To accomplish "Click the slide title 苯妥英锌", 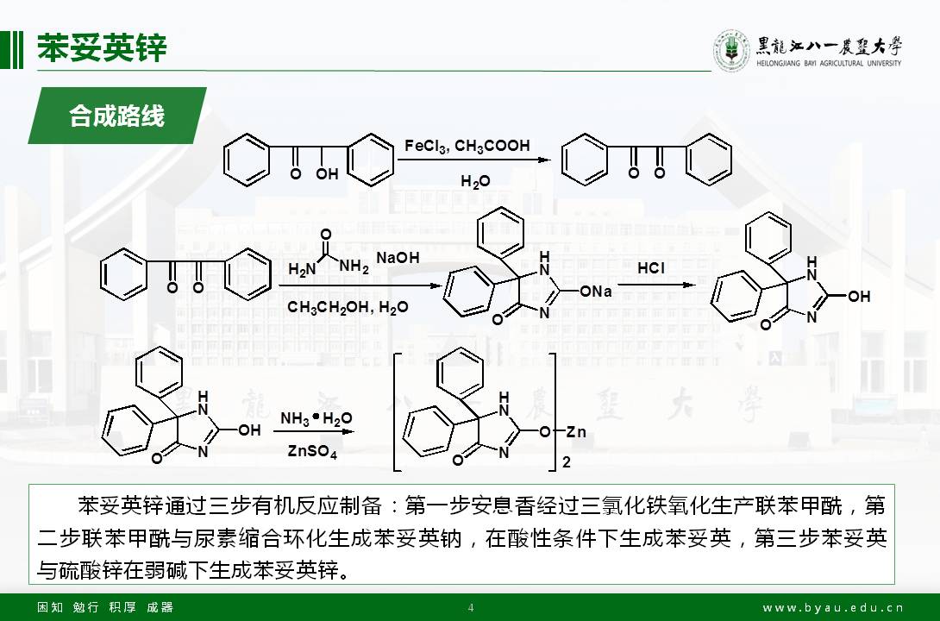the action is click(x=102, y=48).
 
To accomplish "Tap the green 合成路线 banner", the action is click(x=117, y=116).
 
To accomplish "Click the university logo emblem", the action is click(x=730, y=51).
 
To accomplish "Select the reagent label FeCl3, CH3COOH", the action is click(x=467, y=147).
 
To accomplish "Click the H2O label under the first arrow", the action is click(x=474, y=181).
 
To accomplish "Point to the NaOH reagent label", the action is click(x=398, y=258).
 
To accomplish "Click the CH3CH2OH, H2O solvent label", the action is click(x=348, y=308).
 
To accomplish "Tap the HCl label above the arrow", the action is click(x=651, y=268).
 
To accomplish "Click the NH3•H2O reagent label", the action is click(x=316, y=419).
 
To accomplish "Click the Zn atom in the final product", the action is click(x=575, y=431).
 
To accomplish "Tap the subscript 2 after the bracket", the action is click(x=566, y=463).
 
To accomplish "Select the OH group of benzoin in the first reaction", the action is click(x=326, y=174).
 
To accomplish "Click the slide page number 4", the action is click(x=470, y=607).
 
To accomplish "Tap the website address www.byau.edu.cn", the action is click(x=833, y=607).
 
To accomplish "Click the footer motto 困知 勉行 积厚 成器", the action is click(x=105, y=607).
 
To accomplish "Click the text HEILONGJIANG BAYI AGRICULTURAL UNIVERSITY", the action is click(x=828, y=63).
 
